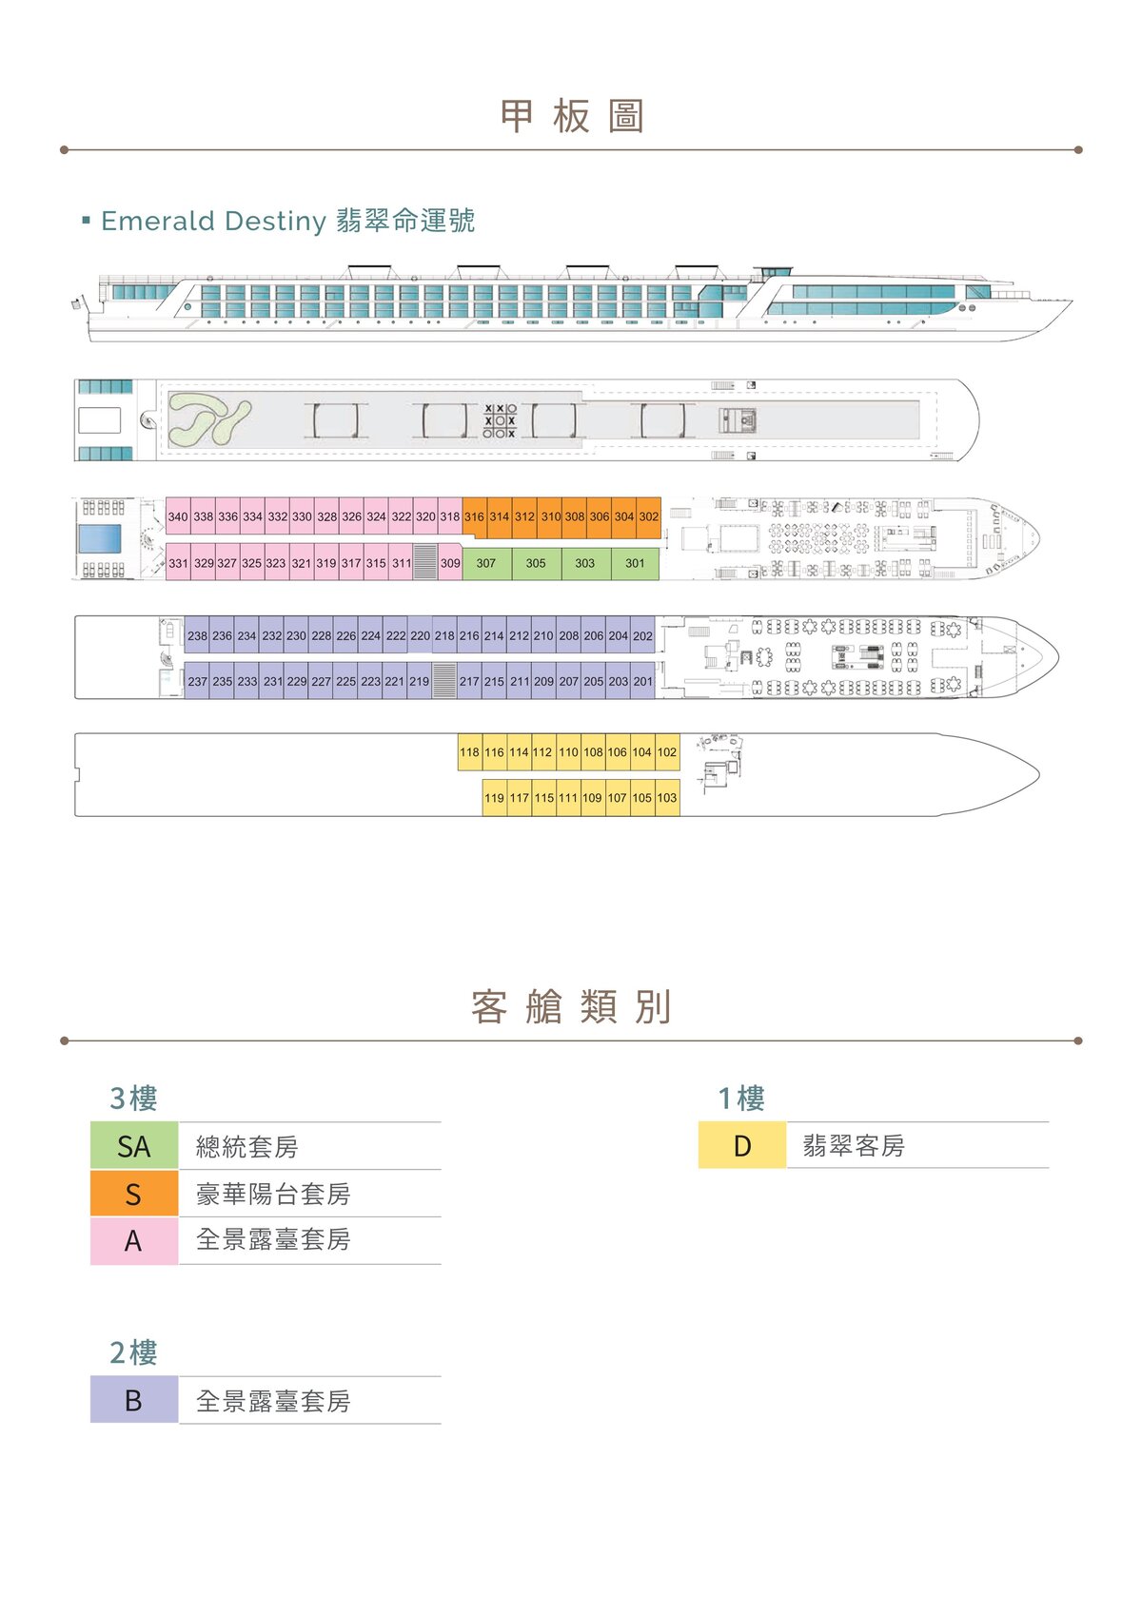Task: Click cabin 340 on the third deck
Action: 178,515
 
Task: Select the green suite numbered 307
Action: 486,563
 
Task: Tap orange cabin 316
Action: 474,515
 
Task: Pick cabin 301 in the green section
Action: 635,563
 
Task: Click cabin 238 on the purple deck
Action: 197,635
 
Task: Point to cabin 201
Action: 642,680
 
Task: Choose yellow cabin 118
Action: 469,751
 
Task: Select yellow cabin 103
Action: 667,797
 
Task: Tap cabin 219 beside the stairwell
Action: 420,680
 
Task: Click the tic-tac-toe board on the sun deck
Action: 499,420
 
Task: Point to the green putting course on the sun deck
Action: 209,420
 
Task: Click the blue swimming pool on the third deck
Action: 100,538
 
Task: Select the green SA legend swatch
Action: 134,1146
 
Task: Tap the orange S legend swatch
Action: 134,1194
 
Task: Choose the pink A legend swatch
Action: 134,1241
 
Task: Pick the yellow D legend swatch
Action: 742,1145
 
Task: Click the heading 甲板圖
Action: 571,115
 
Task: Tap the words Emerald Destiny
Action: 213,221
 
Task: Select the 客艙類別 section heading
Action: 571,1006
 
